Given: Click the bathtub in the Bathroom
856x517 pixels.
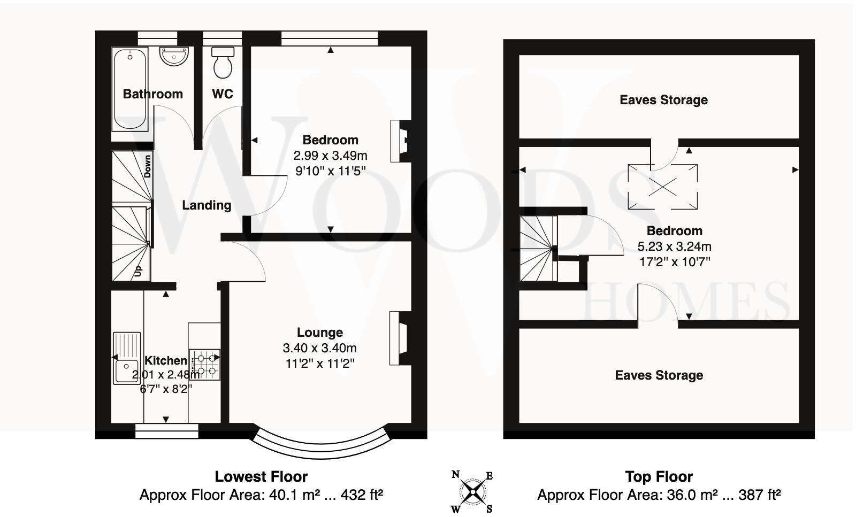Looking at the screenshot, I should tap(129, 89).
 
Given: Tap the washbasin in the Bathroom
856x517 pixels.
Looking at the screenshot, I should tap(174, 56).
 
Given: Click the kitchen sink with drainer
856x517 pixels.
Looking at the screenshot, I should tap(127, 358).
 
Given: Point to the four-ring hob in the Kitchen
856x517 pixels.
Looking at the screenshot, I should tap(206, 364).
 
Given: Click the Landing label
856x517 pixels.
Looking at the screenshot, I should tap(207, 205).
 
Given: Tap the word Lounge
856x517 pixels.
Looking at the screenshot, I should tap(320, 333).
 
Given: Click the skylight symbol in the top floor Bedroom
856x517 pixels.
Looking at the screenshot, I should tap(663, 187).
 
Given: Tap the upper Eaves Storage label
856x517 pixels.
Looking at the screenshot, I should tap(663, 100).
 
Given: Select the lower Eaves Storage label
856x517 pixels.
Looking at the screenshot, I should tap(659, 375).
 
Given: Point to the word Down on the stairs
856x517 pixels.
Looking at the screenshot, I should tap(148, 166).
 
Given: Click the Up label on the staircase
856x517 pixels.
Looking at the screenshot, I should tap(138, 271).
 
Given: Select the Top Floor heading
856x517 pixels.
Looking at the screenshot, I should tap(659, 476).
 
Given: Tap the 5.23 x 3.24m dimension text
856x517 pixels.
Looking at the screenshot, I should tap(674, 246).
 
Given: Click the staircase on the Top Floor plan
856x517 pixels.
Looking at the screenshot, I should tap(538, 249).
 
